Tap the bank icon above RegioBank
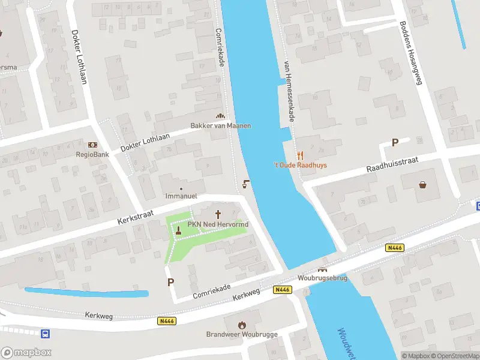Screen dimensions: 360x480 [92, 145]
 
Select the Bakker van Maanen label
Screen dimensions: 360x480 [220, 125]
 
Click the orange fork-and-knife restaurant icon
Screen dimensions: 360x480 [300, 155]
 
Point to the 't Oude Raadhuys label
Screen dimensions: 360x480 [300, 165]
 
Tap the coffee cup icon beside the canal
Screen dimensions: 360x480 [245, 184]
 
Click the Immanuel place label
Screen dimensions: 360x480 [181, 196]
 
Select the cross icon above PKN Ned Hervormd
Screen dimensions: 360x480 [218, 214]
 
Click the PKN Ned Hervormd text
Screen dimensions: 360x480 [218, 224]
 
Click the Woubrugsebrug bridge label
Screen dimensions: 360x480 [323, 278]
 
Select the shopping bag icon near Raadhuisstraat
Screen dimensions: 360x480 [424, 184]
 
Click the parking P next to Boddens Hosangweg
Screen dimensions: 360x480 [395, 142]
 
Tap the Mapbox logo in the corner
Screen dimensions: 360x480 [26, 353]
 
